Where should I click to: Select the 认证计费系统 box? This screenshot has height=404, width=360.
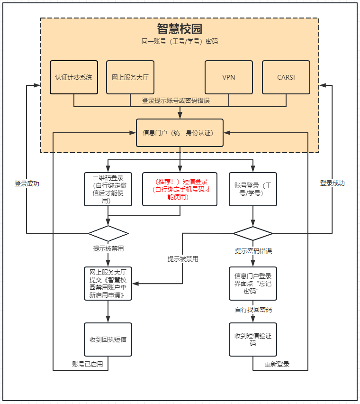click(x=73, y=77)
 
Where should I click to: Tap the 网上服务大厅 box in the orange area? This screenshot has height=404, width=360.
click(x=130, y=77)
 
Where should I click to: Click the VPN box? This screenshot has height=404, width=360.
click(x=229, y=77)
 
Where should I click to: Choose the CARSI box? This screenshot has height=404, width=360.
click(x=286, y=77)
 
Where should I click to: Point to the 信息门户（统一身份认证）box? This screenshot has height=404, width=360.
click(x=180, y=133)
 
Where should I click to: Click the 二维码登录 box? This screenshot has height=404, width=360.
click(x=108, y=189)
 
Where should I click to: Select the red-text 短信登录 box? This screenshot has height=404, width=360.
click(x=180, y=189)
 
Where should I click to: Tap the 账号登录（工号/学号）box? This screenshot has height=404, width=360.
click(x=253, y=189)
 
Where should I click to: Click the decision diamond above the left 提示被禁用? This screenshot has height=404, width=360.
click(x=108, y=233)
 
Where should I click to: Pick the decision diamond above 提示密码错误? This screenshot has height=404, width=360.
click(x=253, y=233)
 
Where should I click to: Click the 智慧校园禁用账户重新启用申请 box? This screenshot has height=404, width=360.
click(x=108, y=284)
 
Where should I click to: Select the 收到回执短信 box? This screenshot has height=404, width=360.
click(x=108, y=340)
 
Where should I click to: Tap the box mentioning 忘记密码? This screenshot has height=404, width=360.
click(x=253, y=284)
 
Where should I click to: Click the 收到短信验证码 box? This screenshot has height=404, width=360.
click(x=253, y=340)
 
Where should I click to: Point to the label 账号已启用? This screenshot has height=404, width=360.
click(x=87, y=364)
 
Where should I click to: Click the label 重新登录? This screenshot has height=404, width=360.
click(x=277, y=364)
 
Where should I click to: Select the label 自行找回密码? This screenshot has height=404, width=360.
click(x=253, y=310)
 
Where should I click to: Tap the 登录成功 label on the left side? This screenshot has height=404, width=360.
click(x=27, y=184)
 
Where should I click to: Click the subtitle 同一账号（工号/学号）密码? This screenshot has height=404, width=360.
click(x=180, y=42)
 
